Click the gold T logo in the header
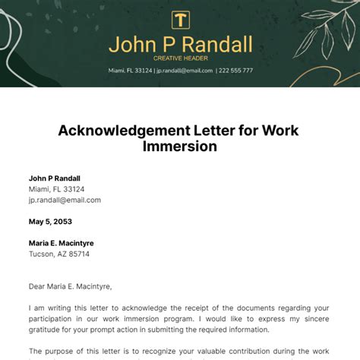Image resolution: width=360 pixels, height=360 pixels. point(180,21)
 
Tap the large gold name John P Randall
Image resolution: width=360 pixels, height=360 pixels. point(180,45)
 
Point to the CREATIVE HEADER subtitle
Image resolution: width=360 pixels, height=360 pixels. point(180,58)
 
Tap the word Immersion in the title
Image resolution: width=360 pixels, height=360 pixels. point(180,147)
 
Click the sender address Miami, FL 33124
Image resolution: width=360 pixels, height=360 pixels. point(57,189)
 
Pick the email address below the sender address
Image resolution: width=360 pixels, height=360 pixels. point(65,200)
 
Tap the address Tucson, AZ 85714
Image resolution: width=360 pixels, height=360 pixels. point(58,254)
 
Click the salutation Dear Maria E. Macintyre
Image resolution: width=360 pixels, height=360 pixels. point(70,286)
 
